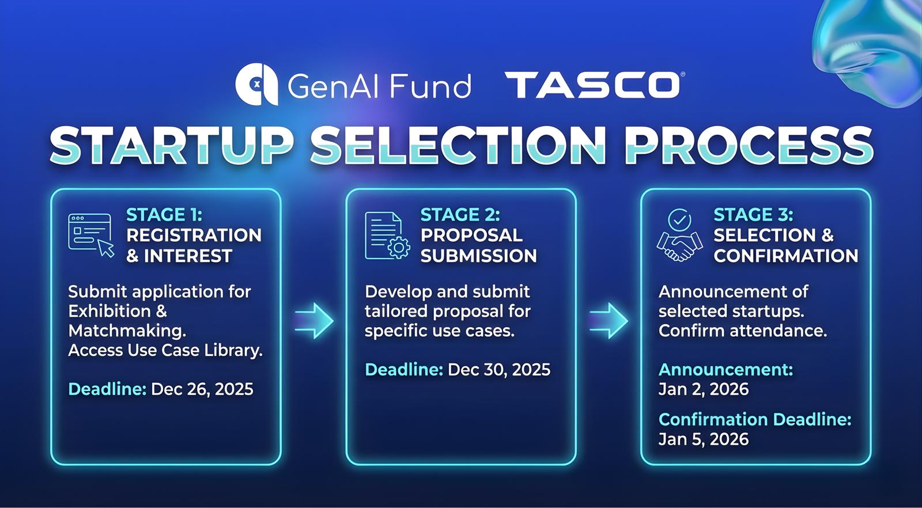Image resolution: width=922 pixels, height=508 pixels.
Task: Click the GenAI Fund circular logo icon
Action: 256,84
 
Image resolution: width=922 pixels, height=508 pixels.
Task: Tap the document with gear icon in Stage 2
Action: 387,236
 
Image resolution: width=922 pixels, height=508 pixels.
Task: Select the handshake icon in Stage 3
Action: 679,236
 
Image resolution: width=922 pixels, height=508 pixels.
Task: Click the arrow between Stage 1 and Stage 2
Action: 314,321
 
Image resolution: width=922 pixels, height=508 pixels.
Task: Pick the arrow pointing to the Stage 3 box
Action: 609,321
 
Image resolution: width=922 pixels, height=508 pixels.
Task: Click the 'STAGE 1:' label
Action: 164,215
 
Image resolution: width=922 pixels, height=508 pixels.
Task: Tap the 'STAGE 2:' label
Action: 460,215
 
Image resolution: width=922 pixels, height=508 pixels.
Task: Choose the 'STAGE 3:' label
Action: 753,215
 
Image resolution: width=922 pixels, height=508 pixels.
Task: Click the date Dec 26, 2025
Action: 202,389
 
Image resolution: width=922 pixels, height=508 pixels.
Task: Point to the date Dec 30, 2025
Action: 499,369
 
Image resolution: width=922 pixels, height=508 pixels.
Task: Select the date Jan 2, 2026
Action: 704,389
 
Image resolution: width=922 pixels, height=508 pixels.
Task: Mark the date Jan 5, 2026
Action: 704,439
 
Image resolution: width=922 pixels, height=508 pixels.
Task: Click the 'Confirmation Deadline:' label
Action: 755,419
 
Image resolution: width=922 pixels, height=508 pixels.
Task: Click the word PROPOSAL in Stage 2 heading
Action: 471,236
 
